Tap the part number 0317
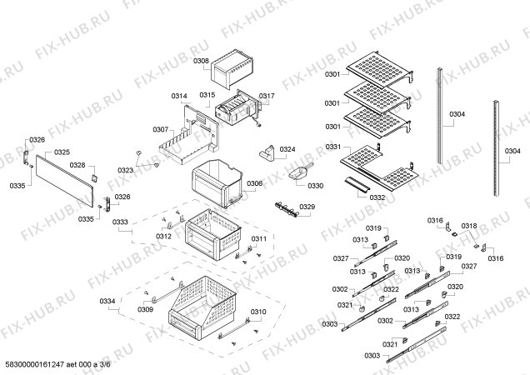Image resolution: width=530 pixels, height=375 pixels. pos(266,97)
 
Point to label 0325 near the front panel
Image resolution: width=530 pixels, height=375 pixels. pos(62,152)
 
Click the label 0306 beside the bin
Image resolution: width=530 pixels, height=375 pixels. pos(255,183)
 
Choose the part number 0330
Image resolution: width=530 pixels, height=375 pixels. pos(314,186)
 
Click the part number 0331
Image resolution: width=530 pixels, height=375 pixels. pos(334,147)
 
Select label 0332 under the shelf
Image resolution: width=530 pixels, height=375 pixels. pos(377,197)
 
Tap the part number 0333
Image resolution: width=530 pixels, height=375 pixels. pos(121,222)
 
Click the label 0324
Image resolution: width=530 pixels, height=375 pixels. pos(287,150)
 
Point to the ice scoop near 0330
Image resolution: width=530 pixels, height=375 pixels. pos(295,175)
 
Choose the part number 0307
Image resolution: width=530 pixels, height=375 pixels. pos(161,129)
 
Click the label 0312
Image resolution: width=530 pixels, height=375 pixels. pos(163,237)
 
